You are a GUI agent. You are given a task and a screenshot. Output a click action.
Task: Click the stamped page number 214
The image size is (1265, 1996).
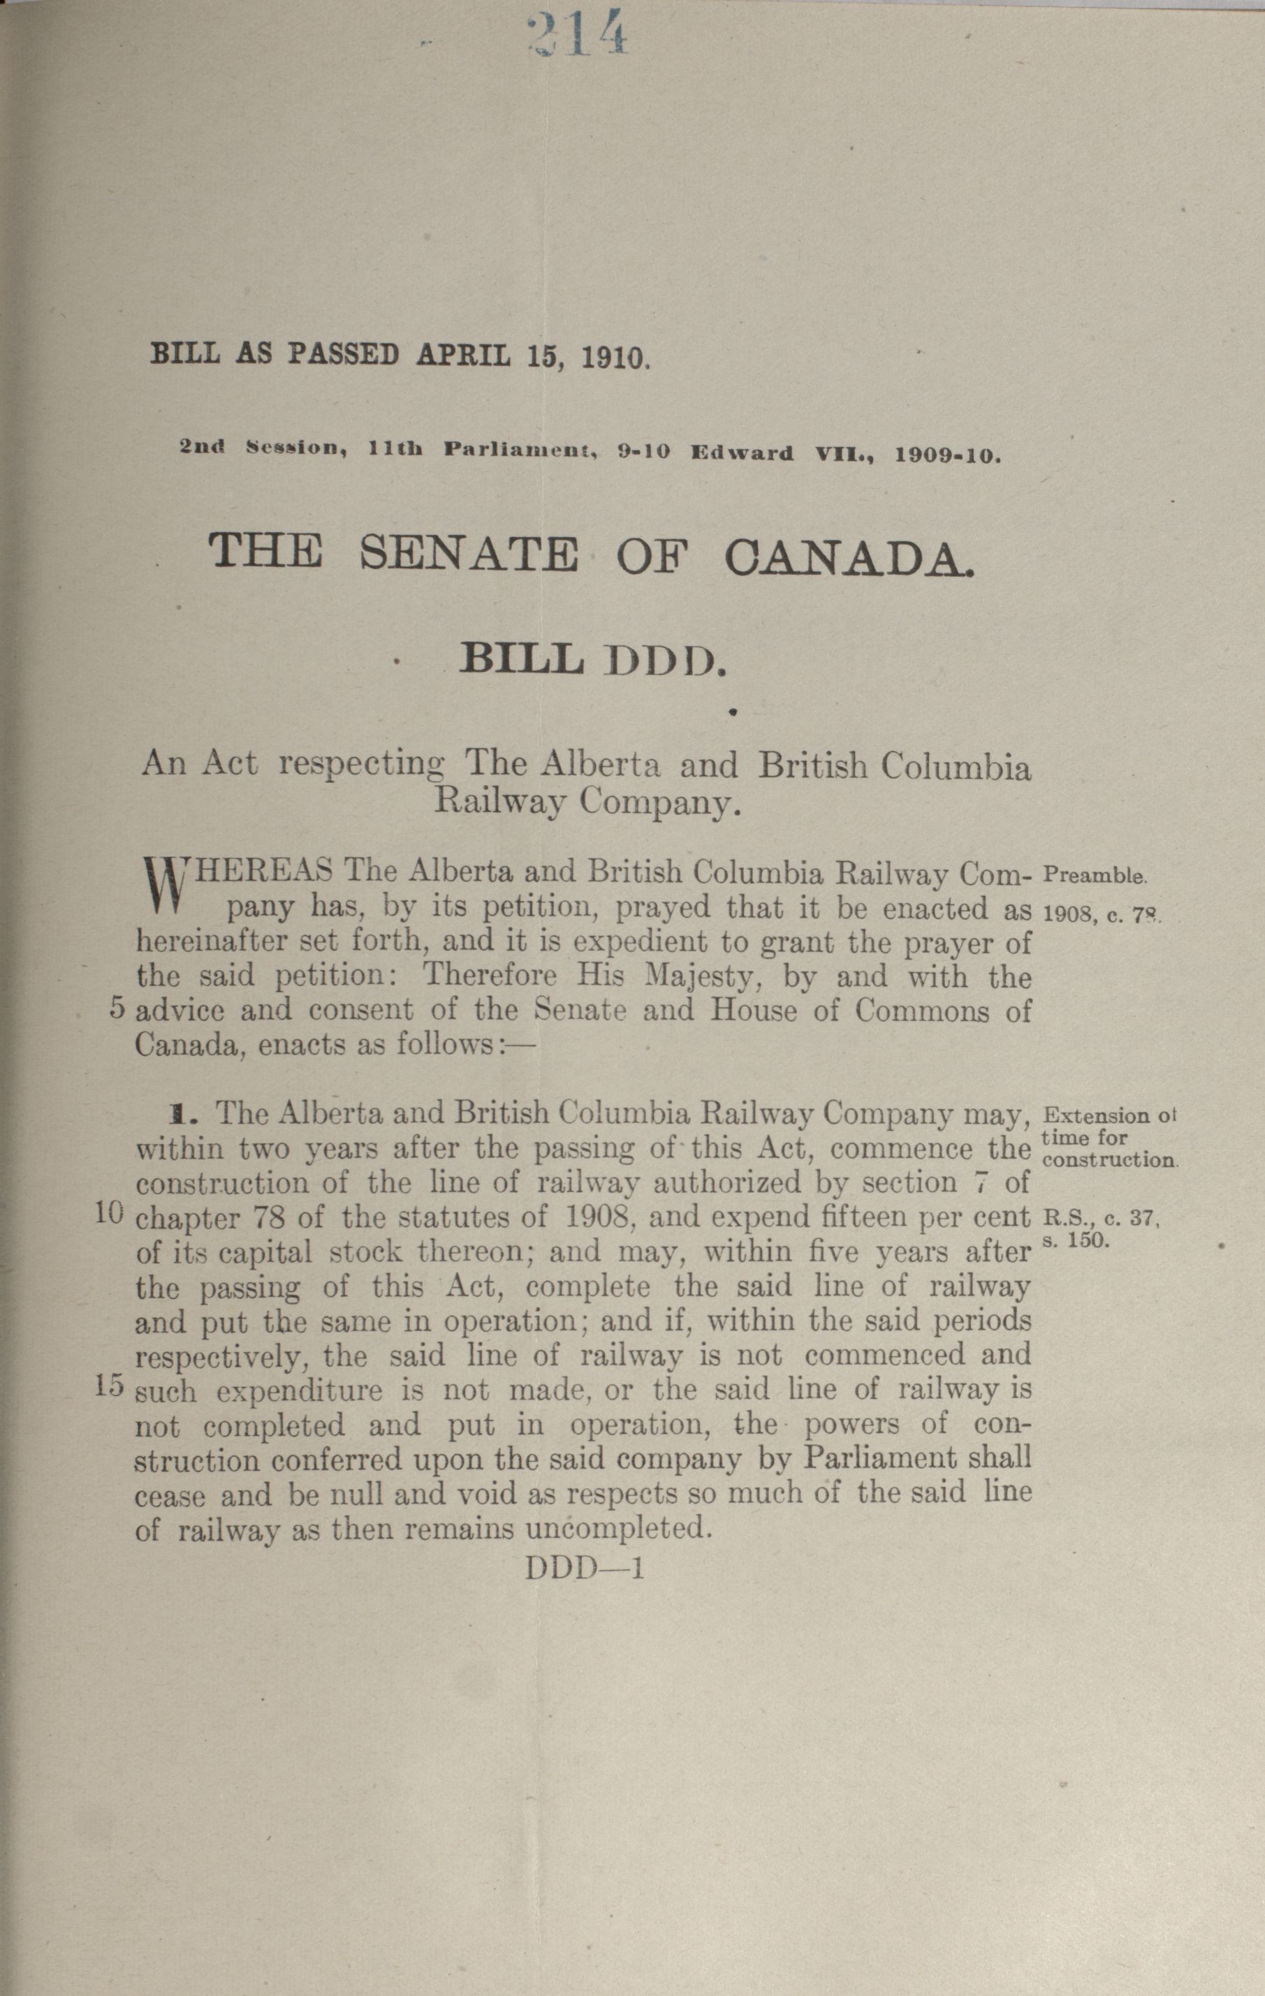[577, 36]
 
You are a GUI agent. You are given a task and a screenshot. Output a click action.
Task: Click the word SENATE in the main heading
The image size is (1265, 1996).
[469, 554]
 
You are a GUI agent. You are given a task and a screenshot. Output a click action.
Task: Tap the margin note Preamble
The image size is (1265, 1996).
[1093, 874]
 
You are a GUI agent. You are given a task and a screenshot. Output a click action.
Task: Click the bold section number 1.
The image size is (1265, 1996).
[176, 1113]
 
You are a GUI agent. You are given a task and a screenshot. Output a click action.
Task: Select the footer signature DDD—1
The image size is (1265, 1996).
[585, 1569]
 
